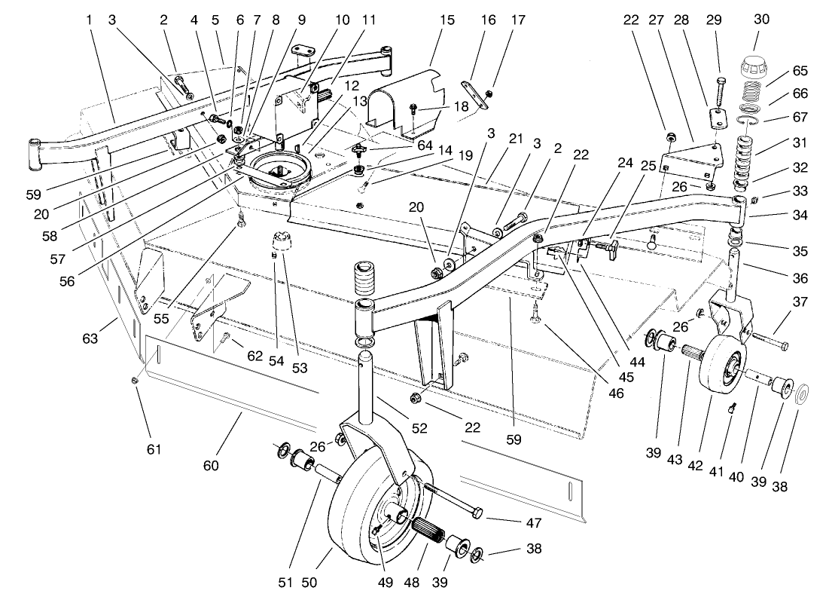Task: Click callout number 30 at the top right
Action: click(761, 19)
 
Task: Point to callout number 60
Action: click(211, 466)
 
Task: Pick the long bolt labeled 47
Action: click(452, 502)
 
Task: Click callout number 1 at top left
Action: click(89, 19)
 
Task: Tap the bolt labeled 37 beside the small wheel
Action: click(769, 342)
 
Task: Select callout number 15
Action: click(447, 19)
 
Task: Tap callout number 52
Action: click(419, 428)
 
